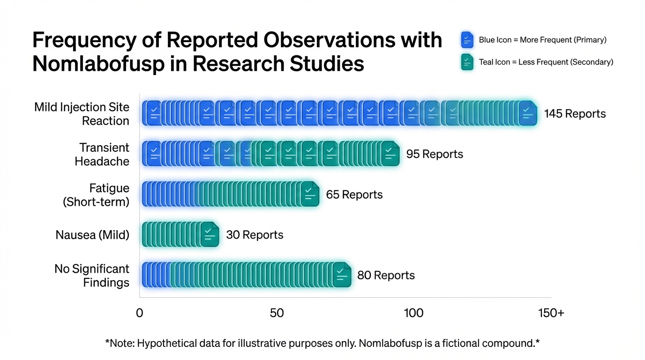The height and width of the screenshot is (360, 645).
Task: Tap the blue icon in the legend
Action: pyautogui.click(x=467, y=40)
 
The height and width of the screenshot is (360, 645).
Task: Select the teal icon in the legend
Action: pyautogui.click(x=467, y=62)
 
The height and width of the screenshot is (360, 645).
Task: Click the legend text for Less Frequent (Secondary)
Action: pyautogui.click(x=546, y=62)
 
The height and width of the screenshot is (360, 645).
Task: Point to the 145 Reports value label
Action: pyautogui.click(x=575, y=114)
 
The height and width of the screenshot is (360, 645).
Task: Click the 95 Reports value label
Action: pyautogui.click(x=435, y=154)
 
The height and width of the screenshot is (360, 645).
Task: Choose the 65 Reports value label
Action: pyautogui.click(x=354, y=195)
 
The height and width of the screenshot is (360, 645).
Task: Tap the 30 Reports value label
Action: pyautogui.click(x=255, y=235)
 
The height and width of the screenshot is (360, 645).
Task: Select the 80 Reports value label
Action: pyautogui.click(x=386, y=275)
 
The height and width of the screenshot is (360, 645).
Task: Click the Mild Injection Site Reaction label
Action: pyautogui.click(x=82, y=114)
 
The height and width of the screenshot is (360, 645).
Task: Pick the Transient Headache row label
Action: pyautogui.click(x=102, y=154)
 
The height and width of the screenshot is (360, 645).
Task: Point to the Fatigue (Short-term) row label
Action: pyautogui.click(x=96, y=195)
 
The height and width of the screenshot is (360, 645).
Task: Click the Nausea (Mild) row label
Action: pyautogui.click(x=92, y=235)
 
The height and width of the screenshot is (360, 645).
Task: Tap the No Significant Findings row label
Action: pyautogui.click(x=92, y=275)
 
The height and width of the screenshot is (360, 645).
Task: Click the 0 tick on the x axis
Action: pyautogui.click(x=139, y=313)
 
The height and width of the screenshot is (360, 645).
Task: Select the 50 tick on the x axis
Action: pyautogui.click(x=277, y=313)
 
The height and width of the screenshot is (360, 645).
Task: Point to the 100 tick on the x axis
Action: pyautogui.click(x=413, y=313)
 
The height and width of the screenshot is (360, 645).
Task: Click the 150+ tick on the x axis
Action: pyautogui.click(x=551, y=313)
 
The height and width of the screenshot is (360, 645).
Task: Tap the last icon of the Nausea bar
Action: pyautogui.click(x=210, y=234)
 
